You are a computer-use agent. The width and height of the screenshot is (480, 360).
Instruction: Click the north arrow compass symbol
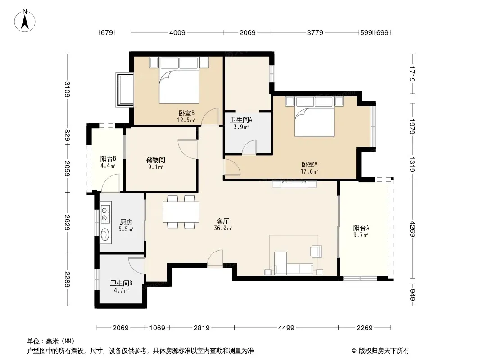25,21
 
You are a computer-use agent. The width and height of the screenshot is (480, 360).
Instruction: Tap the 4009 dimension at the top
177,32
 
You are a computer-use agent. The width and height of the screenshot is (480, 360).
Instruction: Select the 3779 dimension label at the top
315,32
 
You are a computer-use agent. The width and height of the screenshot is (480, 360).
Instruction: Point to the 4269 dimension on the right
412,229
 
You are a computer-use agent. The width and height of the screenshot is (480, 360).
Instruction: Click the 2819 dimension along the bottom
202,328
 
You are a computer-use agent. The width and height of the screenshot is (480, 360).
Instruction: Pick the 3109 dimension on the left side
68,89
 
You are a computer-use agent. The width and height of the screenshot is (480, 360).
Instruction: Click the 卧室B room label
186,113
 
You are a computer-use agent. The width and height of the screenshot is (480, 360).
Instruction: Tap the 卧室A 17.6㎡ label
309,168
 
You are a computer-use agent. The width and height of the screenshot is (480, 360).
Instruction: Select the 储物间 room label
156,160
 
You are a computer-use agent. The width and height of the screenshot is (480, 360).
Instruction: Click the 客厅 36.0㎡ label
223,225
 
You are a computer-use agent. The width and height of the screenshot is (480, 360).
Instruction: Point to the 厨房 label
126,222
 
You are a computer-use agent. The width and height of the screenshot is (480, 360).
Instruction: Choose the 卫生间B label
121,283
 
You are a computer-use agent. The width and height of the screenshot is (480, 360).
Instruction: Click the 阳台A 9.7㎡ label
361,231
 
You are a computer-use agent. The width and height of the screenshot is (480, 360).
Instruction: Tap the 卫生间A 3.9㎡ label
241,123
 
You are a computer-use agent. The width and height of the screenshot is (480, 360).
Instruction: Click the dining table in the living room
181,212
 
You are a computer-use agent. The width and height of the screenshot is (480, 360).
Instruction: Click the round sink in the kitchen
105,235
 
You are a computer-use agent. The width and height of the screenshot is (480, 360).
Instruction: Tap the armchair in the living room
316,252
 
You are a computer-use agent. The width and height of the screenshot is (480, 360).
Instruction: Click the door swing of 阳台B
110,183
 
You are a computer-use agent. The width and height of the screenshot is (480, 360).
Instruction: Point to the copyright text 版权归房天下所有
384,351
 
